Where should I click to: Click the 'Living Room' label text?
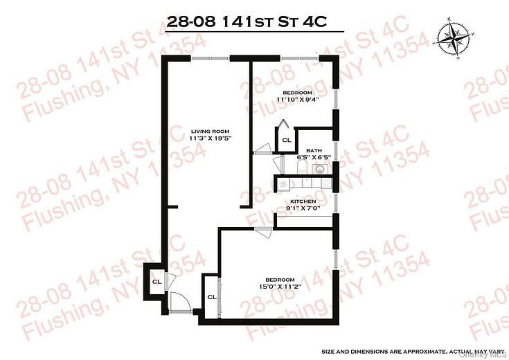pyautogui.click(x=210, y=131)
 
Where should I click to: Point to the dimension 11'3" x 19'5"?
pyautogui.click(x=210, y=138)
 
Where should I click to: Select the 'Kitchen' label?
pyautogui.click(x=303, y=200)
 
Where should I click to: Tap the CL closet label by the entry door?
pyautogui.click(x=157, y=281)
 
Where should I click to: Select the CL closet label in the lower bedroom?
pyautogui.click(x=211, y=296)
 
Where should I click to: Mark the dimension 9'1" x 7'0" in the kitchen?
pyautogui.click(x=303, y=208)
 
